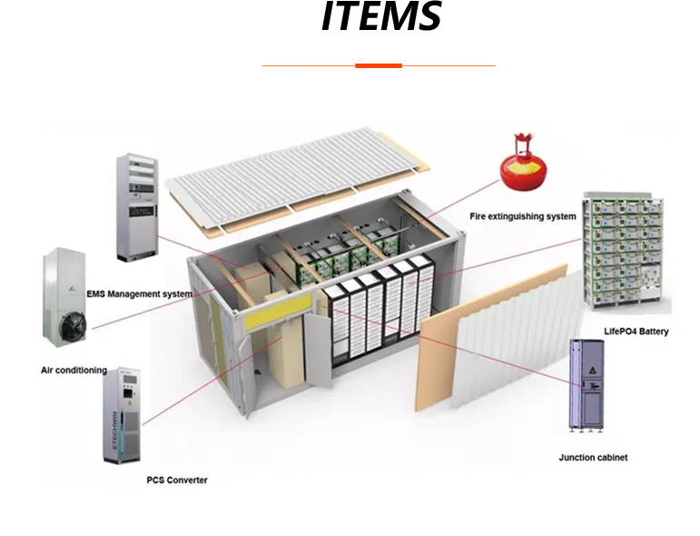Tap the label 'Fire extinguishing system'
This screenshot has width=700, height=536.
[522, 216]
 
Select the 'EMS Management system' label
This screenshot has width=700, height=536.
[139, 294]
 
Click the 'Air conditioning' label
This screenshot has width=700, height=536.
[74, 371]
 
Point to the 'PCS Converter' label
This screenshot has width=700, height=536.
[177, 480]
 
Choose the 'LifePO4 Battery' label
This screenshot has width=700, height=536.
[636, 332]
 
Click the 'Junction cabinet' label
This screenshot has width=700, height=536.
[592, 457]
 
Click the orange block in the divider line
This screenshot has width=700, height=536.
[380, 65]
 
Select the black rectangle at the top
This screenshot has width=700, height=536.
[381, 18]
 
